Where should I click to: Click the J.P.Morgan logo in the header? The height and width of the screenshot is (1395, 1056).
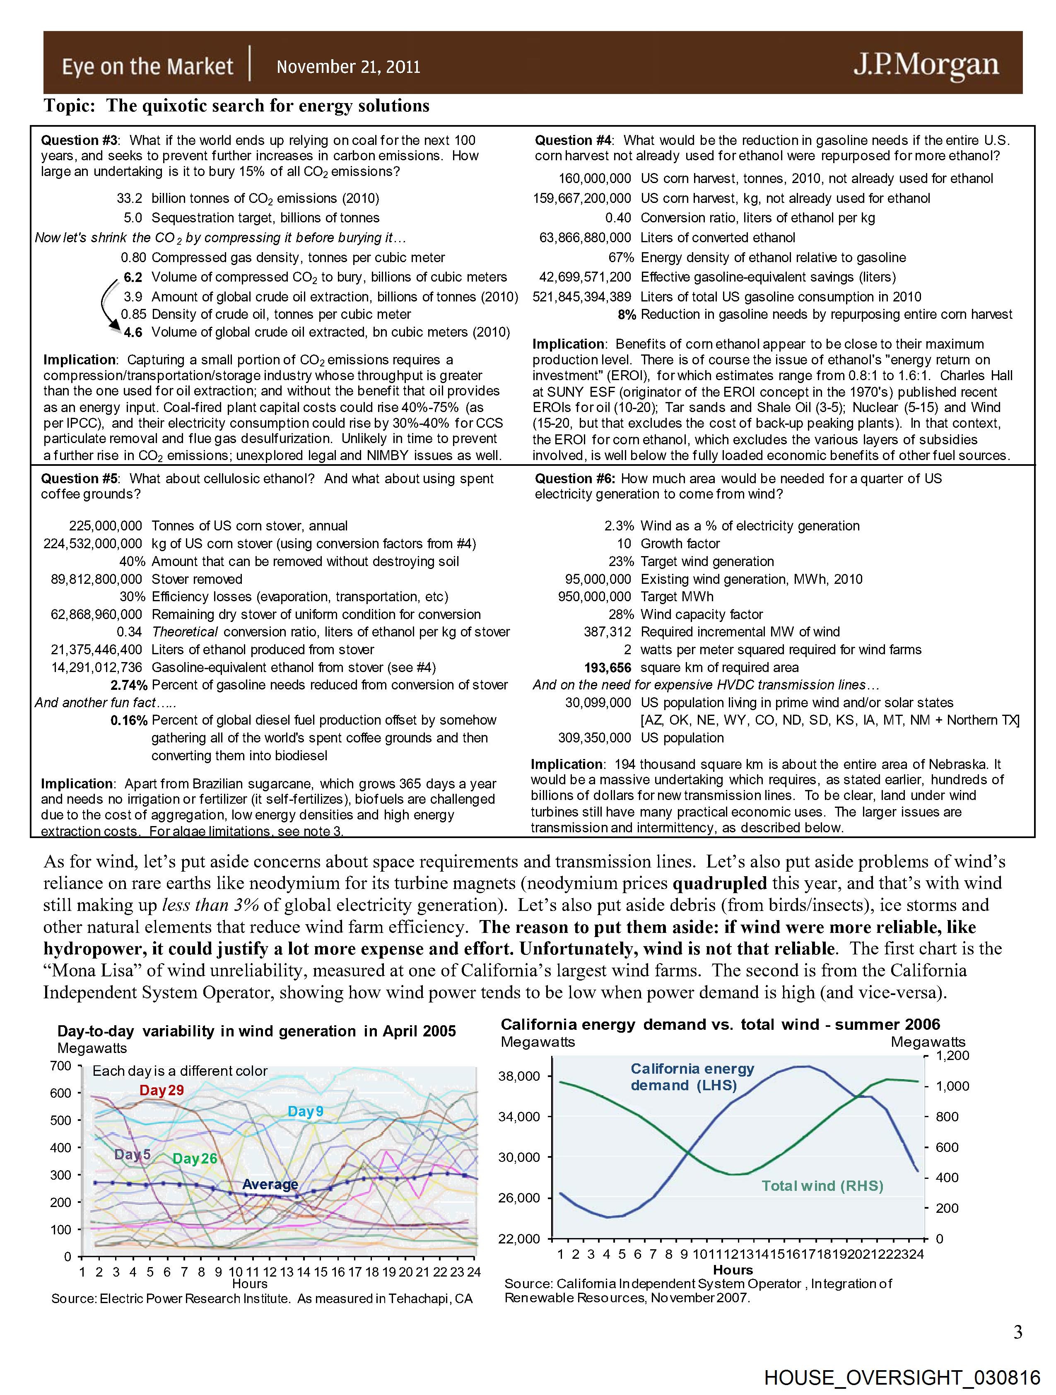click(x=926, y=65)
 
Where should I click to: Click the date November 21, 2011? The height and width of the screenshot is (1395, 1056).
click(x=348, y=67)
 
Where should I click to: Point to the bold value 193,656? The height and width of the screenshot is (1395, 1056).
click(x=608, y=667)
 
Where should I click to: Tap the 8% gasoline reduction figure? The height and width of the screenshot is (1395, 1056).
click(x=627, y=314)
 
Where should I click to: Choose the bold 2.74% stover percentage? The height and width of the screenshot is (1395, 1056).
click(x=129, y=685)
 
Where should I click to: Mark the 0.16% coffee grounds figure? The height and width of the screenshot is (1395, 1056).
click(x=129, y=720)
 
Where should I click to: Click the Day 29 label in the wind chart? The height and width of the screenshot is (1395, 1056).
click(x=162, y=1090)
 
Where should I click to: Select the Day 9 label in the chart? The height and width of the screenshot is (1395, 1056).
click(x=305, y=1112)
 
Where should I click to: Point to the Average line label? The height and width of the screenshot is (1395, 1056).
click(x=270, y=1184)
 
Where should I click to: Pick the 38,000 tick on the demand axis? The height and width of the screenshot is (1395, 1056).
click(x=518, y=1076)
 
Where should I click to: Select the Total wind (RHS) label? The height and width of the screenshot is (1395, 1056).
click(x=822, y=1185)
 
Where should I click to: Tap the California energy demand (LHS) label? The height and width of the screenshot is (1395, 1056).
click(x=692, y=1077)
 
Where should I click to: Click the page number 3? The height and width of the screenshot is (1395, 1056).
click(x=1017, y=1332)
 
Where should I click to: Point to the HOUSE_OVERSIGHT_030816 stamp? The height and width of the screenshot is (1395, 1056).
click(x=902, y=1377)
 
